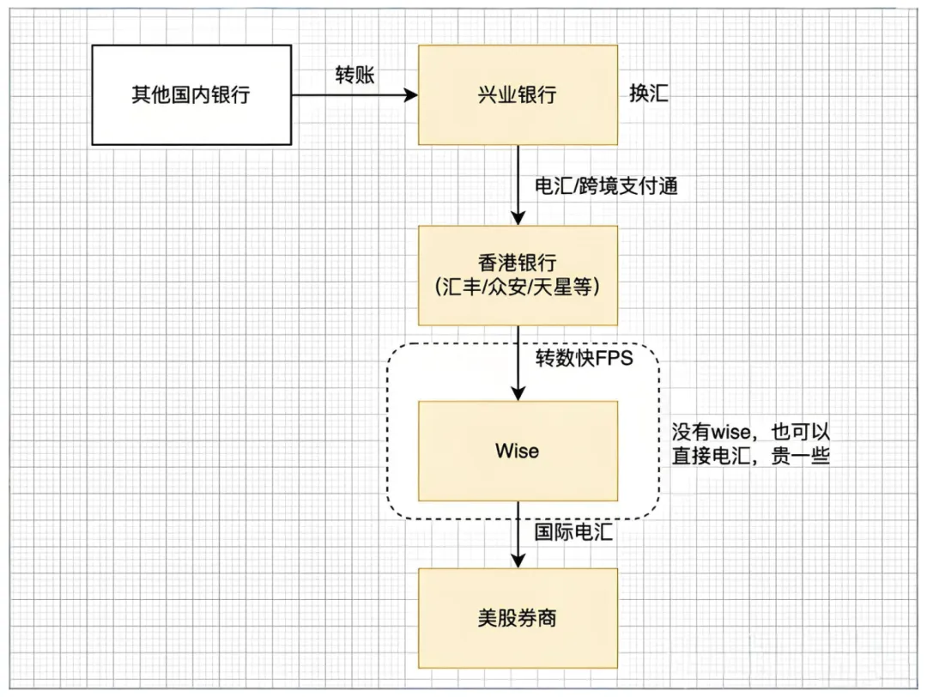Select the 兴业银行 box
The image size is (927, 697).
(x=517, y=94)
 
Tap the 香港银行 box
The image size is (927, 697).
(x=517, y=275)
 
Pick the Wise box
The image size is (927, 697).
(x=517, y=451)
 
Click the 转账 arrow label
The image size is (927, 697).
(x=354, y=75)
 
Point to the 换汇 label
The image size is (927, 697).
(x=649, y=94)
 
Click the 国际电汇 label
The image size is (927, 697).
(x=573, y=532)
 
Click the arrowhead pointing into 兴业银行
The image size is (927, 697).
(x=410, y=94)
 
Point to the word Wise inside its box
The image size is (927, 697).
(x=517, y=451)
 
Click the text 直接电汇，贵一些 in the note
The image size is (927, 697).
(x=749, y=457)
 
